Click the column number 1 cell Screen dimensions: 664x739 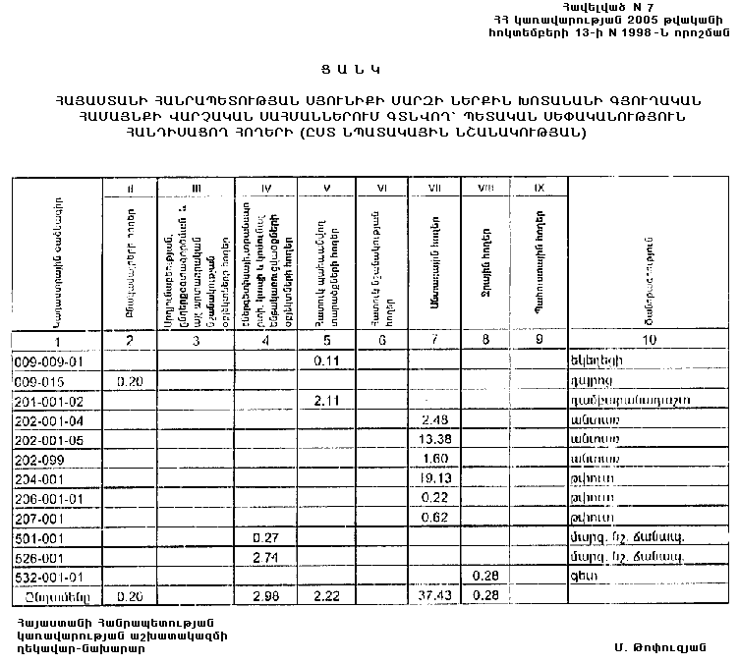pyautogui.click(x=57, y=340)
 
